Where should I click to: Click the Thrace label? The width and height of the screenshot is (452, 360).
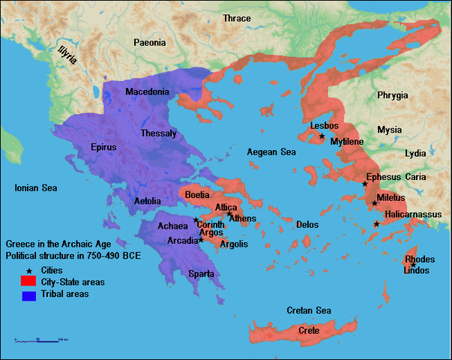(236, 18)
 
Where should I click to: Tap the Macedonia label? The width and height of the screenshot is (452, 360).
(148, 91)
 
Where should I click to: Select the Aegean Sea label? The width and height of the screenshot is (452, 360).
(271, 152)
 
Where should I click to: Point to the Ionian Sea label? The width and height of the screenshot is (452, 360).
(36, 188)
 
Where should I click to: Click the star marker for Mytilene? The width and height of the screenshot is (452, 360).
(322, 136)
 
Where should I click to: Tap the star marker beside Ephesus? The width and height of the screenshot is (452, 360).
(365, 184)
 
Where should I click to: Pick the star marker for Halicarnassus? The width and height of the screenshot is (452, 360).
(376, 223)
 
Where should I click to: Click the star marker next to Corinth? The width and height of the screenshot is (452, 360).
(196, 220)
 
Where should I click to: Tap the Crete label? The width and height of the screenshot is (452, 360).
(309, 331)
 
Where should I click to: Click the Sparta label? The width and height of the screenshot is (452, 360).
(201, 274)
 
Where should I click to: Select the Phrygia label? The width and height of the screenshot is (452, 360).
(393, 95)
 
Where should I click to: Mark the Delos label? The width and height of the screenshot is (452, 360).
(307, 224)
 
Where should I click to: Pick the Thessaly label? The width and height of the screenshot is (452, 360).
(158, 133)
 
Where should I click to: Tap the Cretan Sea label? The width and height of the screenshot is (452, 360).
(309, 310)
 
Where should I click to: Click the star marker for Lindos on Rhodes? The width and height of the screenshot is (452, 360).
(413, 265)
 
